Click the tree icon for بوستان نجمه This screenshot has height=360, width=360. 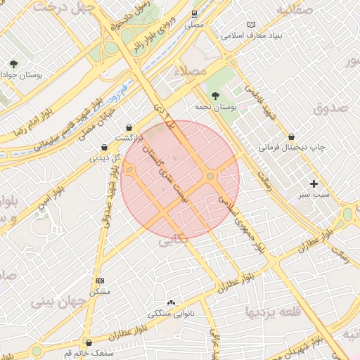[x=215, y=95]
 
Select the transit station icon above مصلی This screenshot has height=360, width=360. [x=194, y=14]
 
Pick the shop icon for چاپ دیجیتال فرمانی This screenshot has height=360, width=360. [x=291, y=136]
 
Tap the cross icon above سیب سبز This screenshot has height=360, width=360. [x=314, y=184]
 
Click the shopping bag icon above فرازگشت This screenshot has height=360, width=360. [x=129, y=127]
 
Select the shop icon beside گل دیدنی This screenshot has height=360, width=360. [x=104, y=148]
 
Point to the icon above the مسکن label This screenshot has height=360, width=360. [x=99, y=281]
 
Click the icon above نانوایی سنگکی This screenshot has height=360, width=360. [x=170, y=302]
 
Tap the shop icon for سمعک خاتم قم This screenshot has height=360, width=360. [x=87, y=342]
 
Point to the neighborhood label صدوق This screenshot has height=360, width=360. [x=332, y=108]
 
